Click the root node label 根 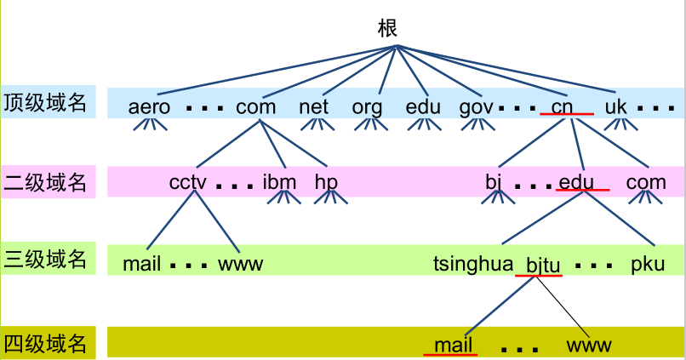[387, 28]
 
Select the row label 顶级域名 [45, 103]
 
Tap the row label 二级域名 [45, 181]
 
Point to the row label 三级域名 [45, 259]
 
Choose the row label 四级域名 [45, 343]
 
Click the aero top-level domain [150, 107]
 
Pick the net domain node [314, 107]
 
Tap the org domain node [368, 107]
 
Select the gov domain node [476, 107]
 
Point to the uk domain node [616, 107]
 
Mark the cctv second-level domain [188, 181]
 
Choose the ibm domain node [280, 181]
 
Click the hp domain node [326, 181]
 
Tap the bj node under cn [494, 181]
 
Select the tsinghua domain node [472, 265]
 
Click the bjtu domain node [543, 266]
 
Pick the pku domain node [647, 265]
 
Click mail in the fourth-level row [453, 345]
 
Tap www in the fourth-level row [589, 345]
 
